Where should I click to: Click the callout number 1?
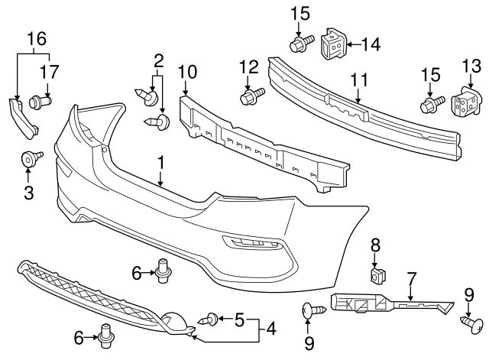pyautogui.click(x=161, y=162)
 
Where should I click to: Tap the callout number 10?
pyautogui.click(x=187, y=72)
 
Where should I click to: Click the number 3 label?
pyautogui.click(x=29, y=193)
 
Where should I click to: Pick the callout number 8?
pyautogui.click(x=375, y=245)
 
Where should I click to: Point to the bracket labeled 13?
pyautogui.click(x=465, y=105)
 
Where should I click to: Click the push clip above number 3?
pyautogui.click(x=31, y=160)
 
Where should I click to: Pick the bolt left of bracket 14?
pyautogui.click(x=300, y=44)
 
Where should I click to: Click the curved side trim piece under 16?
pyautogui.click(x=22, y=118)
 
